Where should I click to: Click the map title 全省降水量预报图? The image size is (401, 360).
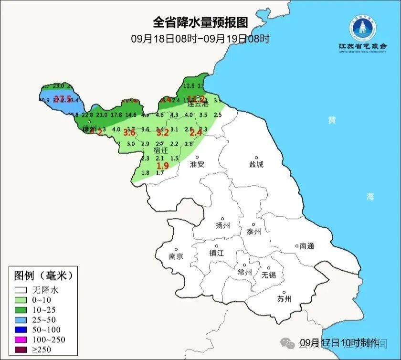click(x=200, y=22)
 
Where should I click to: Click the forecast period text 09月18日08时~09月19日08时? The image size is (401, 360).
click(x=200, y=39)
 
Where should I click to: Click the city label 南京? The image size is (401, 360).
click(x=176, y=256)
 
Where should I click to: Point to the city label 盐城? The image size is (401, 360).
click(x=256, y=164)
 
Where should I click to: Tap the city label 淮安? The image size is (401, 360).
click(x=197, y=164)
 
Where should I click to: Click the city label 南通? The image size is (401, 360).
click(x=307, y=246)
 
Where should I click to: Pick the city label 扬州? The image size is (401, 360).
click(x=222, y=225)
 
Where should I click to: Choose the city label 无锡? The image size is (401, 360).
click(x=269, y=275)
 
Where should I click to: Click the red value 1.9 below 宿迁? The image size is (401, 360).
click(x=163, y=166)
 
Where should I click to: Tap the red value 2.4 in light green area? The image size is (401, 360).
click(x=196, y=133)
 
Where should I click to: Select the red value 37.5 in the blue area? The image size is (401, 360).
click(x=63, y=99)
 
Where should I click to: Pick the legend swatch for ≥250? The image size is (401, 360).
click(x=21, y=349)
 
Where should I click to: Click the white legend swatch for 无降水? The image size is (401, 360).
click(x=21, y=289)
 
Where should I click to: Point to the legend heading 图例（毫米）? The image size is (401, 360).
click(x=43, y=275)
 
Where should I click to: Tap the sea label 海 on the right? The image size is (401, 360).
click(x=370, y=196)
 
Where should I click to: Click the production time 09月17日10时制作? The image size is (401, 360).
click(x=339, y=342)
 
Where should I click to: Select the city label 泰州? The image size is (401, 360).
click(x=253, y=232)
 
